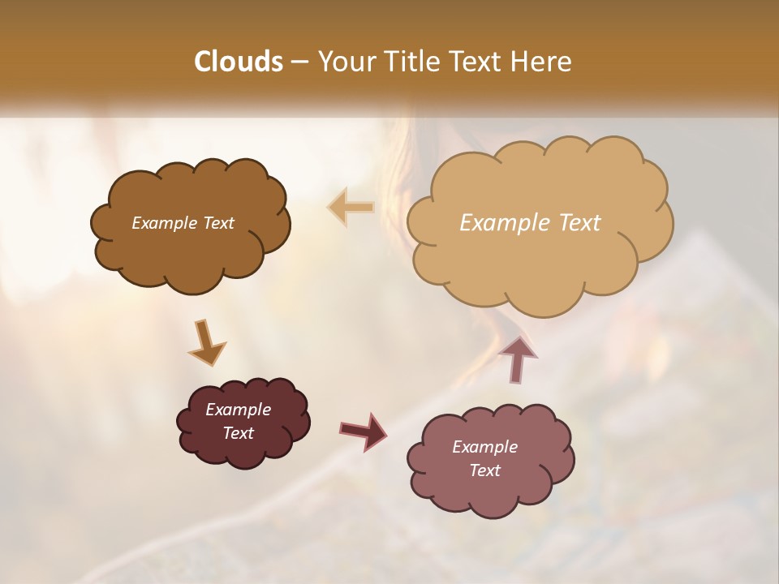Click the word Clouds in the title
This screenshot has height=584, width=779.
pyautogui.click(x=239, y=62)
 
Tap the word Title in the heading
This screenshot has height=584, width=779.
pyautogui.click(x=411, y=62)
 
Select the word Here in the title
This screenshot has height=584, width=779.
pyautogui.click(x=541, y=62)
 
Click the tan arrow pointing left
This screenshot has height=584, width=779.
pyautogui.click(x=351, y=207)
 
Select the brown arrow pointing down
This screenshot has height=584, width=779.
pyautogui.click(x=207, y=341)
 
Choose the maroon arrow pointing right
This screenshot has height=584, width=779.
pyautogui.click(x=363, y=431)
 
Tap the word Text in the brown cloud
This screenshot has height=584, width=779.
pyautogui.click(x=217, y=222)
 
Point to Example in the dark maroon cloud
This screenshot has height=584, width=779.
pyautogui.click(x=239, y=410)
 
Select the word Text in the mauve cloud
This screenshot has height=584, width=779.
pyautogui.click(x=484, y=470)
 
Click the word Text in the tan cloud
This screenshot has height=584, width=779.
pyautogui.click(x=579, y=222)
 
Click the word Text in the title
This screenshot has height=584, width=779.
pyautogui.click(x=474, y=62)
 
